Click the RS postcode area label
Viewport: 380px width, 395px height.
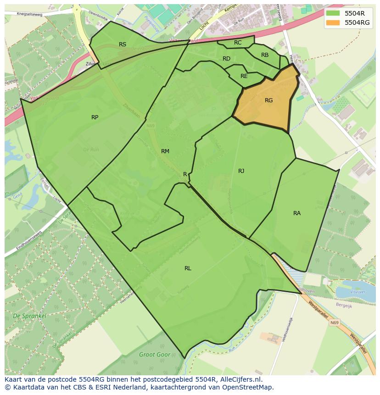(123, 45)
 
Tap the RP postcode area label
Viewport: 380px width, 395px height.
(95, 117)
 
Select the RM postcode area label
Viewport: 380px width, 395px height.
(165, 151)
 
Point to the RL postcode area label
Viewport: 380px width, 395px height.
(188, 268)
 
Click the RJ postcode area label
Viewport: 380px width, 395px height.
(241, 171)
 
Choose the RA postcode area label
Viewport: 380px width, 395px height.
(297, 213)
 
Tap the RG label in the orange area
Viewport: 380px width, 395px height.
(269, 100)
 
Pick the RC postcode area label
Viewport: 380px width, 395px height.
(238, 43)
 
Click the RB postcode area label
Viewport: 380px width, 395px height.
(265, 55)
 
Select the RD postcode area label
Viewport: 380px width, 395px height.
(226, 59)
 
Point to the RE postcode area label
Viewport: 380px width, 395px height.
(244, 76)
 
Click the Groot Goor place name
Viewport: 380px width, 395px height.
(155, 355)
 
